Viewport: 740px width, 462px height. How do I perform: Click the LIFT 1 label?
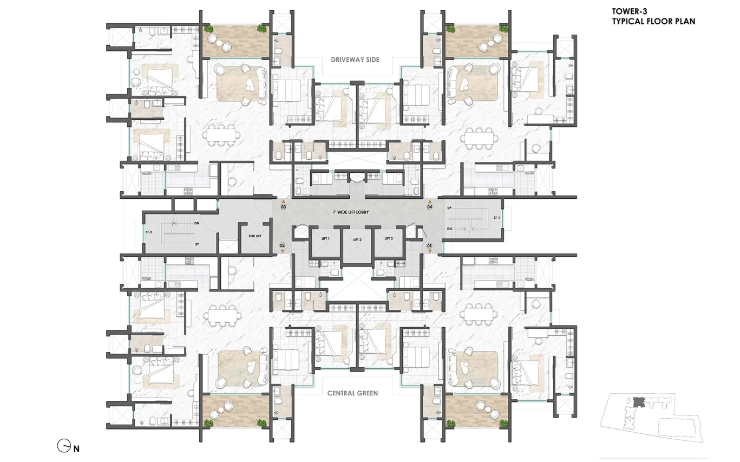pyautogui.click(x=325, y=239)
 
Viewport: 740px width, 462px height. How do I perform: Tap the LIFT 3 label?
pyautogui.click(x=389, y=239)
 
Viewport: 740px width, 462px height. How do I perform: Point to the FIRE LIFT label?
pyautogui.click(x=255, y=236)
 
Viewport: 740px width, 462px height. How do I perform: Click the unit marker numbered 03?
pyautogui.click(x=283, y=207)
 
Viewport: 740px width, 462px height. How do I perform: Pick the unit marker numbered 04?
pyautogui.click(x=429, y=207)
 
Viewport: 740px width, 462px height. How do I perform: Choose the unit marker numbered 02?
pyautogui.click(x=282, y=245)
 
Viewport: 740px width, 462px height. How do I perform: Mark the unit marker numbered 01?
pyautogui.click(x=429, y=246)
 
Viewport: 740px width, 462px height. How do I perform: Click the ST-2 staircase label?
pyautogui.click(x=149, y=232)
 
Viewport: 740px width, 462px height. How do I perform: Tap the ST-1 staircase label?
pyautogui.click(x=496, y=218)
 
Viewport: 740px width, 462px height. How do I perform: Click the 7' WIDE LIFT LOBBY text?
pyautogui.click(x=350, y=212)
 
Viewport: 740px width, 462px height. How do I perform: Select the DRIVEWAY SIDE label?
pyautogui.click(x=355, y=60)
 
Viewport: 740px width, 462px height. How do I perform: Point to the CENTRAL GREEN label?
pyautogui.click(x=352, y=393)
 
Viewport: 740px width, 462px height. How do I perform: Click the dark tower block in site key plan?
pyautogui.click(x=639, y=402)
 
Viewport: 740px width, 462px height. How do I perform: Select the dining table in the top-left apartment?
pyautogui.click(x=221, y=135)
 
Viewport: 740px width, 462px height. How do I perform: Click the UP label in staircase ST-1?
pyautogui.click(x=449, y=208)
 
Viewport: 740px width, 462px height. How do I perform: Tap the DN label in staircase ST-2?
pyautogui.click(x=197, y=223)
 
